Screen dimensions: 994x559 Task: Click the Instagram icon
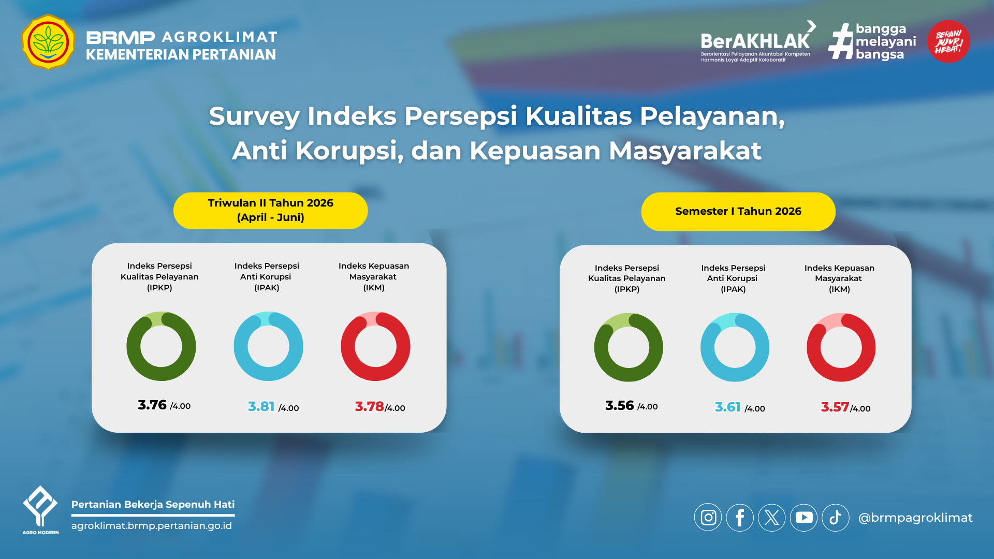[x=708, y=518]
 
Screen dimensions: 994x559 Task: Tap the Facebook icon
[x=740, y=518]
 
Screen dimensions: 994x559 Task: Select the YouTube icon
[x=803, y=518]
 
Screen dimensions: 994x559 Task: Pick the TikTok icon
[x=836, y=518]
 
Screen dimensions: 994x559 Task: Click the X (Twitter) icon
[x=772, y=518]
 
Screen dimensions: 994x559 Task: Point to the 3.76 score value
[x=152, y=405]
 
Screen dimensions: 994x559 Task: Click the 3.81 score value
[x=261, y=406]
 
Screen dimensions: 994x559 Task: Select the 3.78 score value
[x=369, y=406]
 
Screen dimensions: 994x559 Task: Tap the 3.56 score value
[x=620, y=405]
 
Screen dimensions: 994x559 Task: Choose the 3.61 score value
[x=728, y=407]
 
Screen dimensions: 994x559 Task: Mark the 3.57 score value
[x=835, y=407]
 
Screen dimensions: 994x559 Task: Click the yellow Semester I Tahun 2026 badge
[x=738, y=211]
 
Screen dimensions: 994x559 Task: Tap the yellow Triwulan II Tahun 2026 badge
[x=270, y=210]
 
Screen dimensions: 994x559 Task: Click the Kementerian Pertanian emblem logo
[x=48, y=42]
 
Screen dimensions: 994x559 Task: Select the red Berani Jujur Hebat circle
[x=948, y=41]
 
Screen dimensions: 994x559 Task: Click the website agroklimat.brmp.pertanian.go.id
[x=152, y=525]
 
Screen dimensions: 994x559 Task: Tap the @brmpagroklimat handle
[x=915, y=518]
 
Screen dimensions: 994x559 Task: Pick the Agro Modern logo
[x=40, y=510]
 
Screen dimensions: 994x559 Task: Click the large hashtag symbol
[x=841, y=41]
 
